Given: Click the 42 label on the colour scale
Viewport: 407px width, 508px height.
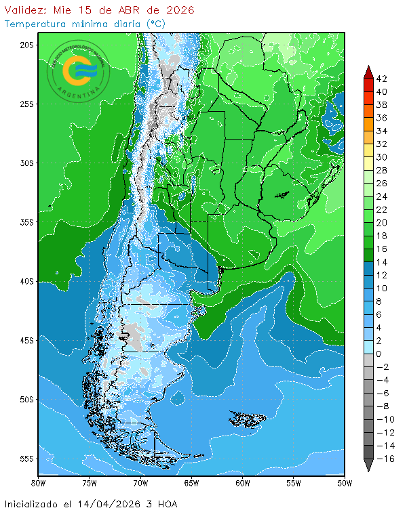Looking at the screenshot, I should pos(381,79).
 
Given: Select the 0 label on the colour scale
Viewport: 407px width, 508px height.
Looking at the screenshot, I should pos(379,354).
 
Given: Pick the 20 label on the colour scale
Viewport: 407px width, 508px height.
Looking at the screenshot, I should pos(381,223).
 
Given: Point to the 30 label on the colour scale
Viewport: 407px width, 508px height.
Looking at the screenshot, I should pos(381,157).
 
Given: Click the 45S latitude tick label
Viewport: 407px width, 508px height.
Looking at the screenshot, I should pos(26,340).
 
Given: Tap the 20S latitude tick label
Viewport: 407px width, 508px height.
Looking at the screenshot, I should pos(26,45).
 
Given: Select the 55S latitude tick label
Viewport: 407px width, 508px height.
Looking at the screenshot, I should pos(26,459).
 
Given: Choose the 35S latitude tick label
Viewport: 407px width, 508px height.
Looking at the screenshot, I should pos(26,222).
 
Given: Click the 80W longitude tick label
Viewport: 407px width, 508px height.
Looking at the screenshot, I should pos(39,483).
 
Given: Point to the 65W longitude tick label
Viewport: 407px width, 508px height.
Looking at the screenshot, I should pos(192,483).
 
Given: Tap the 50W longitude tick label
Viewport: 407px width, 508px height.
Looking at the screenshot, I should pos(345,483).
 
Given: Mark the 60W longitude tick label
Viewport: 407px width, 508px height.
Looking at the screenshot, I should pos(243,483).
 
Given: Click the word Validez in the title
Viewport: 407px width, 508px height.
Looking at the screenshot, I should pos(25,10).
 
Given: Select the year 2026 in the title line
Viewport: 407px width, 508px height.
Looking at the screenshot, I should pos(180,10).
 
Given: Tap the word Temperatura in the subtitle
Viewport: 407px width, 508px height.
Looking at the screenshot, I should pos(34,24).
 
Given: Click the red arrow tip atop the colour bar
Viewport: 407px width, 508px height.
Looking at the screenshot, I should pos(368,70).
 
